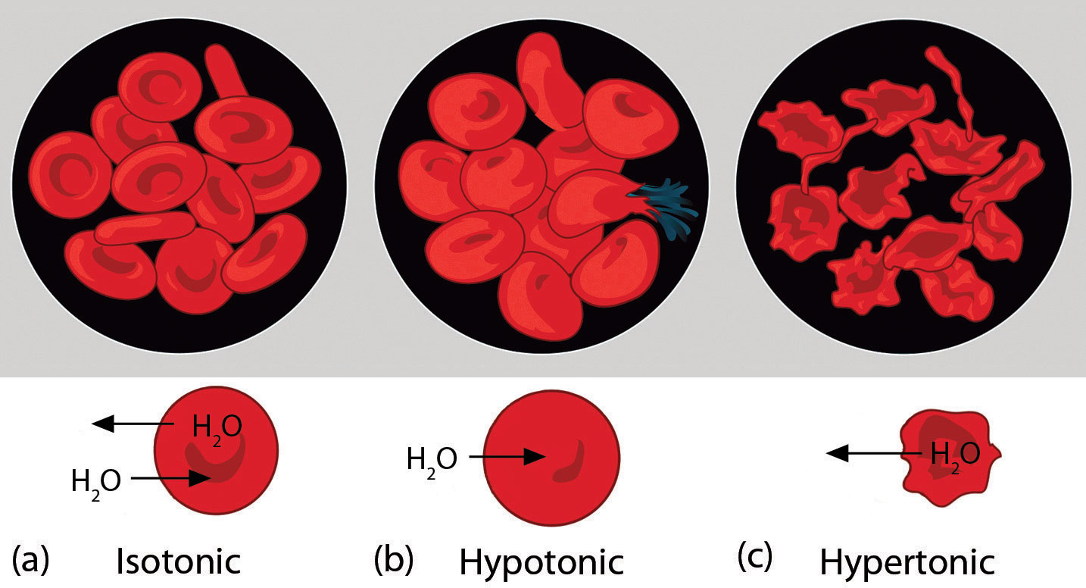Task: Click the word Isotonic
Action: [179, 562]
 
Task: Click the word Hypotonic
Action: [541, 562]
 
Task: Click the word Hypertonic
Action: [907, 562]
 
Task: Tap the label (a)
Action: [31, 559]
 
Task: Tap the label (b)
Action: [394, 559]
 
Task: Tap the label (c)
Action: [754, 558]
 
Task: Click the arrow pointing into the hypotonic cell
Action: [507, 457]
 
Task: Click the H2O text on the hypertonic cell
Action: [955, 455]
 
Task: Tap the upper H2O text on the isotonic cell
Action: [217, 427]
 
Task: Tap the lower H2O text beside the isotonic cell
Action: [95, 482]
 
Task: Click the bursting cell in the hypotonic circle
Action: [587, 202]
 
